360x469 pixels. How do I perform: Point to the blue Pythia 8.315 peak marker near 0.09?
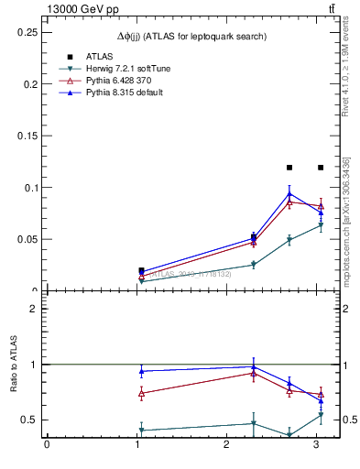(289, 194)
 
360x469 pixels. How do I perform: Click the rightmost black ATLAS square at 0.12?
(321, 168)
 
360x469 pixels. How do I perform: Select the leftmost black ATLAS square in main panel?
(141, 270)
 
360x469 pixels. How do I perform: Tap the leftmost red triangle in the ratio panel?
(141, 393)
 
